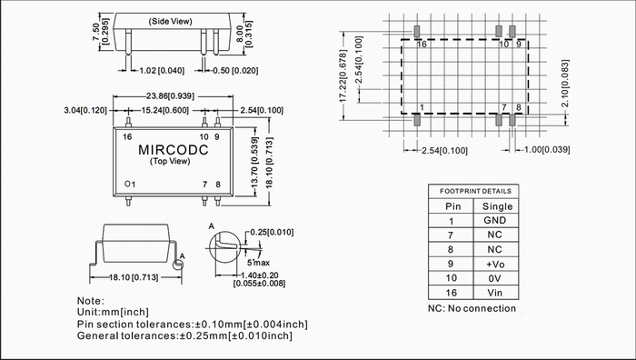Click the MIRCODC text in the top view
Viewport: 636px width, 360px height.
(x=174, y=150)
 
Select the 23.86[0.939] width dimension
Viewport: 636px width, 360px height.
(x=170, y=96)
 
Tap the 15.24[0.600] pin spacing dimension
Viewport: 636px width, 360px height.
(x=165, y=110)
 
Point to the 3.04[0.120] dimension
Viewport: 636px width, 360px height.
(x=85, y=110)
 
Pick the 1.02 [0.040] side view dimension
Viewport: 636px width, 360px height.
(x=162, y=71)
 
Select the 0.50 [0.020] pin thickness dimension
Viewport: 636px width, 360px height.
(x=235, y=71)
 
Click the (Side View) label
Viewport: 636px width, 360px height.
(x=171, y=22)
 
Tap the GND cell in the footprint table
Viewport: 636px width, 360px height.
(x=495, y=220)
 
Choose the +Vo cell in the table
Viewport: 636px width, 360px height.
(x=495, y=265)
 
